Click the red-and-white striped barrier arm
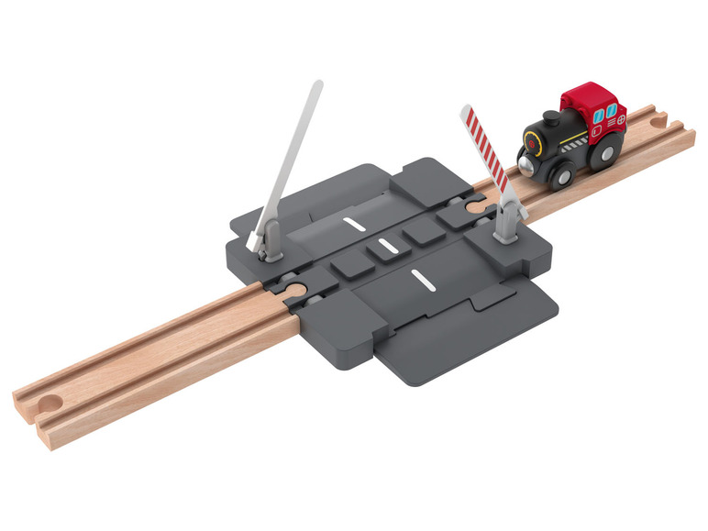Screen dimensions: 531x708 (484, 149)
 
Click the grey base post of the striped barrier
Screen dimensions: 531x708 (506, 223)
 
